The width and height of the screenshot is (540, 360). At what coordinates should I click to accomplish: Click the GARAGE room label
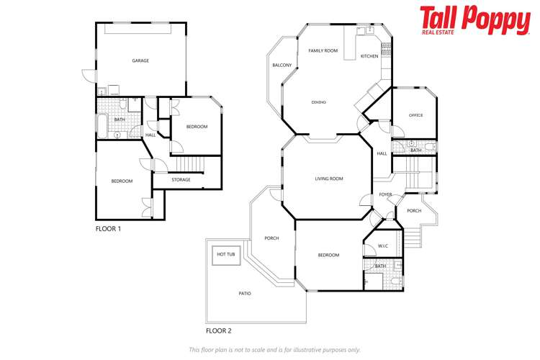140,60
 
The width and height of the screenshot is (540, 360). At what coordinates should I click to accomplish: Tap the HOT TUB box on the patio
226,254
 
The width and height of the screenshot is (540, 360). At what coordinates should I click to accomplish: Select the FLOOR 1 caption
109,228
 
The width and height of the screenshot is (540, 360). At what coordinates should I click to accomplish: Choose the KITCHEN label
369,56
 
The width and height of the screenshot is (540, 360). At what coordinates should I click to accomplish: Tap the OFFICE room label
415,115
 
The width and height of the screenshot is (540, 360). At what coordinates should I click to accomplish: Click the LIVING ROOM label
328,179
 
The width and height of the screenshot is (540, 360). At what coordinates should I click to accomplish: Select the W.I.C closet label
383,246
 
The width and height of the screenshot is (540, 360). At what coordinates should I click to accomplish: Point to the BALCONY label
282,66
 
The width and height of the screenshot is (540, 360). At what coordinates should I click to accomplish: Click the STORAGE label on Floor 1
181,180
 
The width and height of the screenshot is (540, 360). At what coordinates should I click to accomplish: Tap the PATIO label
246,293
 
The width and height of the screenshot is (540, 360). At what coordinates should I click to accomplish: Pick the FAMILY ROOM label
323,51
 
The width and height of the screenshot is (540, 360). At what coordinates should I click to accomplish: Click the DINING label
319,102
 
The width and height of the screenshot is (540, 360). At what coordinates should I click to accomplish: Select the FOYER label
386,194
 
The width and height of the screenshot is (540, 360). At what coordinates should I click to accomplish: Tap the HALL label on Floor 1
150,135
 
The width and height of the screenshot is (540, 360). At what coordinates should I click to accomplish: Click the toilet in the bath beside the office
430,147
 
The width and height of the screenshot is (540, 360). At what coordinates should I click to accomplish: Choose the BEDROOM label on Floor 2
328,255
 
